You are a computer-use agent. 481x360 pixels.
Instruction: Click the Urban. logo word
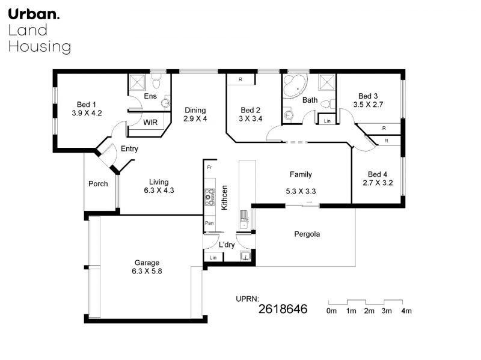[x=34, y=14]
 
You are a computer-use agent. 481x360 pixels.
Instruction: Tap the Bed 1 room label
[x=86, y=105]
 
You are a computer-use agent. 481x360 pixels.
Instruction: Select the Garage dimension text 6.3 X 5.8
[x=147, y=271]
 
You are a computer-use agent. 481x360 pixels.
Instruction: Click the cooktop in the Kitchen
[x=210, y=197]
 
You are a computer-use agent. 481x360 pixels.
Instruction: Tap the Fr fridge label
[x=209, y=167]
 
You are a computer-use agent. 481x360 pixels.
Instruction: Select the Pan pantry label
[x=209, y=223]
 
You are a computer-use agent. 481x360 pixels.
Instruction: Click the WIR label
[x=150, y=123]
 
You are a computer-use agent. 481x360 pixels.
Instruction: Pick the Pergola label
[x=307, y=234]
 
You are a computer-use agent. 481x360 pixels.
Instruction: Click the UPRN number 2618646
[x=283, y=309]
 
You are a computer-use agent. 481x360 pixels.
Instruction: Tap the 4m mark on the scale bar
[x=402, y=302]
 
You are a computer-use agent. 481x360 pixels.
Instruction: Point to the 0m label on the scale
[x=332, y=311]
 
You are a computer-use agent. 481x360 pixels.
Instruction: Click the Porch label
[x=98, y=184]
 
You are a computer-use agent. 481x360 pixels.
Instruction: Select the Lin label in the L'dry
[x=213, y=258]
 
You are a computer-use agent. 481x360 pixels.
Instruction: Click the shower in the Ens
[x=137, y=82]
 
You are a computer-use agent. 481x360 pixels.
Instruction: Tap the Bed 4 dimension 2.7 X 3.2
[x=378, y=183]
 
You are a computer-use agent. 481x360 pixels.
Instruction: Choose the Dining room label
[x=195, y=110]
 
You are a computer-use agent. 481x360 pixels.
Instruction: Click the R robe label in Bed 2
[x=240, y=79]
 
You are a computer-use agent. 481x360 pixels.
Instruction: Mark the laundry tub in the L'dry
[x=245, y=256]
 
